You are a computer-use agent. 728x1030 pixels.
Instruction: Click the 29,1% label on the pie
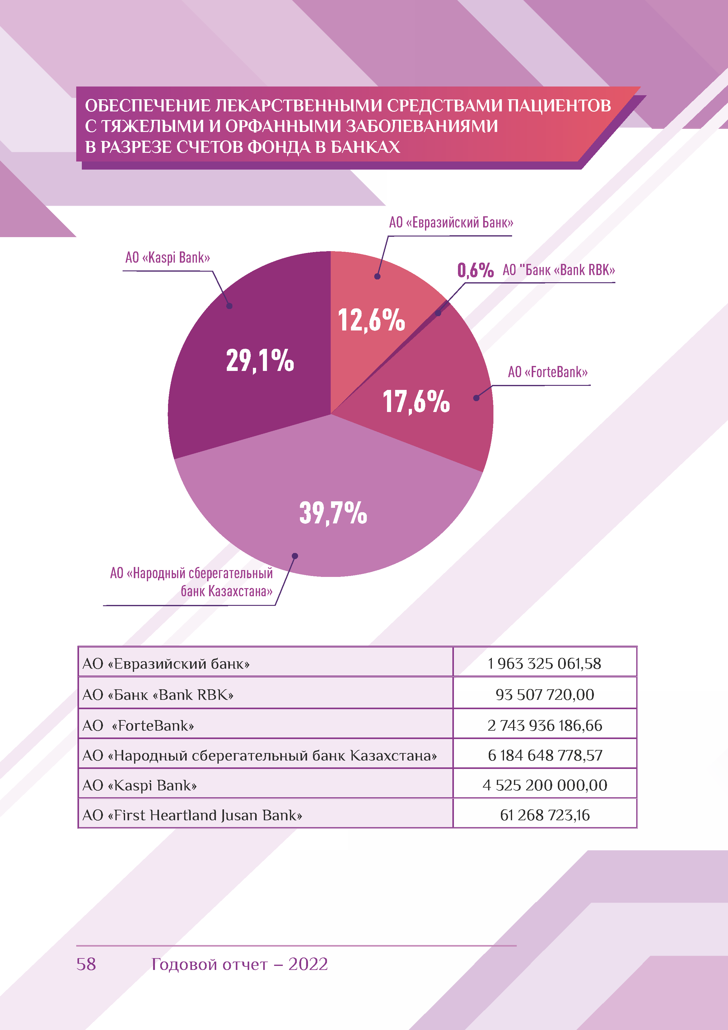[x=260, y=360]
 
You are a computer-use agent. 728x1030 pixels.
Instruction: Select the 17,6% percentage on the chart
[x=416, y=401]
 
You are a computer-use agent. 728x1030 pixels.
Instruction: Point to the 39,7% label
[x=333, y=513]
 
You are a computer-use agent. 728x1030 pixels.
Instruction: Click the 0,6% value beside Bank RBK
[x=475, y=270]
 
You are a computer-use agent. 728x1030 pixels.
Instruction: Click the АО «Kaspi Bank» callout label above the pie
[x=168, y=258]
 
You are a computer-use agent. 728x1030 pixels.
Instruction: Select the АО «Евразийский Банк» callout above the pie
[x=451, y=222]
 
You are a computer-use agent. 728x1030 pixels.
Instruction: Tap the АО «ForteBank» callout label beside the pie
[x=548, y=372]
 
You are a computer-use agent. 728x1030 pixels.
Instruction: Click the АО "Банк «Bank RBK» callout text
[x=558, y=270]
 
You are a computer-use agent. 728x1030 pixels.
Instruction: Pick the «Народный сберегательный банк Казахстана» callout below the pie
[x=192, y=582]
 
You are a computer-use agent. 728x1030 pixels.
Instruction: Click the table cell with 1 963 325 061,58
[x=544, y=663]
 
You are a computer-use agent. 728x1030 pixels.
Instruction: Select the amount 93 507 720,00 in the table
[x=544, y=695]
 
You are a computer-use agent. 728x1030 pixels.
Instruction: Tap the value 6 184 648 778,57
[x=544, y=755]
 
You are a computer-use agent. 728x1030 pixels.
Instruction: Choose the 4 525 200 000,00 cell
[x=544, y=785]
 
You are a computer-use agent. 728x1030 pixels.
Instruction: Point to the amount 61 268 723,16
[x=544, y=815]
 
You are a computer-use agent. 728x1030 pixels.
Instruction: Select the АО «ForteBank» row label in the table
[x=138, y=725]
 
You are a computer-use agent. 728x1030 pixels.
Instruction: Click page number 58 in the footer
[x=86, y=964]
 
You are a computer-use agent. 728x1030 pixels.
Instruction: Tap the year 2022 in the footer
[x=308, y=964]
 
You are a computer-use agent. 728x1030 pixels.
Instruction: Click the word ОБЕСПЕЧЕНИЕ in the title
[x=147, y=106]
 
